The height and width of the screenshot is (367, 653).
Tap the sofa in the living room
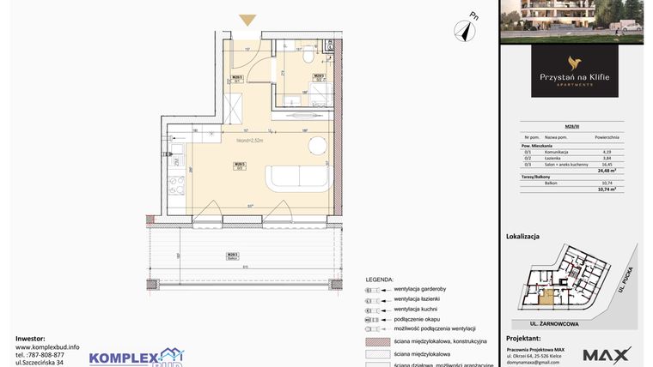[x=297, y=177]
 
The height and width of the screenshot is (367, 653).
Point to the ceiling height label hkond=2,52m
[x=249, y=140]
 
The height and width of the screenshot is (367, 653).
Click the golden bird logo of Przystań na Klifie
[x=574, y=62]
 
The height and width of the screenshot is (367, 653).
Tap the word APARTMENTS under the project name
[x=574, y=85]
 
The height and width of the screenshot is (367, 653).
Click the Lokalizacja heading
[x=523, y=235]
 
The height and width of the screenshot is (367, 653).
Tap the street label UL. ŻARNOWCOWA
[x=544, y=324]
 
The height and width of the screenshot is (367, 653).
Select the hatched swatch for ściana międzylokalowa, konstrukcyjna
[x=379, y=340]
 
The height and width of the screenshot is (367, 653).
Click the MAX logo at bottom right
[x=607, y=354]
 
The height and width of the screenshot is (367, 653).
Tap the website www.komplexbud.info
[x=48, y=347]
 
